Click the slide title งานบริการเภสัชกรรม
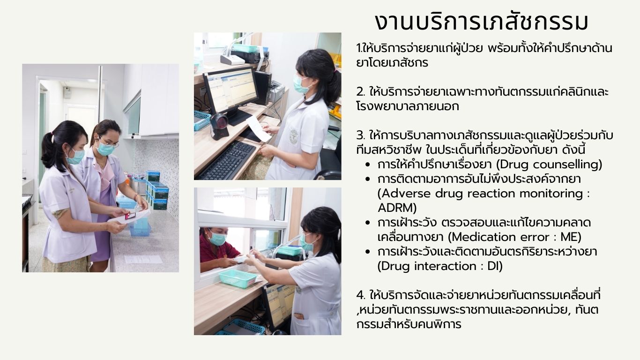pos(482,22)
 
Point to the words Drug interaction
pos(426,266)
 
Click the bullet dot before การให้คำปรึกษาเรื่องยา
pos(368,165)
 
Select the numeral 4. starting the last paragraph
pos(361,295)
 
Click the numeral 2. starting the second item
pos(360,92)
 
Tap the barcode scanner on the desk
pos(219,126)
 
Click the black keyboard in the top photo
pos(228,160)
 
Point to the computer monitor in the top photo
pos(231,91)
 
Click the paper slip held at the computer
pos(259,128)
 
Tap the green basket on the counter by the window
pos(238,279)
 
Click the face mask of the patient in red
pos(217,239)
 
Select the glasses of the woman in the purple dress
pos(108,142)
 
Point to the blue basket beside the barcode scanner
pos(202,120)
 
